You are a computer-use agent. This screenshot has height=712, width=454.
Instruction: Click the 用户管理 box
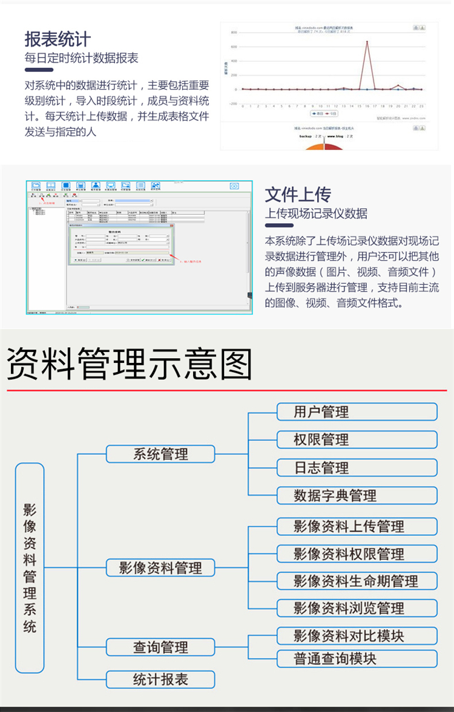click(x=357, y=412)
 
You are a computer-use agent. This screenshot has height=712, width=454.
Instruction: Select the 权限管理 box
click(x=357, y=440)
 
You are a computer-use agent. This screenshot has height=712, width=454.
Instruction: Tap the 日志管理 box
click(x=357, y=468)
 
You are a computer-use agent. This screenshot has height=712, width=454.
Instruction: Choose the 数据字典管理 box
click(x=357, y=495)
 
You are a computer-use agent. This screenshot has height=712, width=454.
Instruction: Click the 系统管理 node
click(x=160, y=454)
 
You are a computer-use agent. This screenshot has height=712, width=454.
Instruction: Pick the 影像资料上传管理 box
click(x=357, y=526)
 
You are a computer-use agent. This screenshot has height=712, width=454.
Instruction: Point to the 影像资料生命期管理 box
click(x=357, y=581)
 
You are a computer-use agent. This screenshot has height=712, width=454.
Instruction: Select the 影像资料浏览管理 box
click(x=357, y=608)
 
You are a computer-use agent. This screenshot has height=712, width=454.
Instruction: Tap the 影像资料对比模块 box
click(x=357, y=636)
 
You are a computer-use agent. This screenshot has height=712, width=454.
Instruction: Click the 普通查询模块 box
click(x=357, y=658)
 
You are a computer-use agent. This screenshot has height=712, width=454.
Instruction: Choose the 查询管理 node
click(x=160, y=647)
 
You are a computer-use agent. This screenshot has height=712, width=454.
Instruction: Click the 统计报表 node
click(x=160, y=679)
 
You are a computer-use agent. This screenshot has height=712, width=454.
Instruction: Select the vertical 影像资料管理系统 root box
click(x=30, y=568)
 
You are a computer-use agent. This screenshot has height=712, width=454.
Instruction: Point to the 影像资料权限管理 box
click(x=357, y=554)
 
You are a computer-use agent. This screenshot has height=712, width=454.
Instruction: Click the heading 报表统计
click(x=58, y=39)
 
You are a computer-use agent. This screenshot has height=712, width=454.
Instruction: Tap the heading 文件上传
click(x=298, y=195)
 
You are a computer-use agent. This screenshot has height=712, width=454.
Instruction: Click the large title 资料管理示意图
click(x=130, y=364)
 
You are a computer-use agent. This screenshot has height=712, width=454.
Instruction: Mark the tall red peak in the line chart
click(x=367, y=42)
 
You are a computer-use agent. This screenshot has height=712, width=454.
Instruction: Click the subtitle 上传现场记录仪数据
click(x=316, y=214)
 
